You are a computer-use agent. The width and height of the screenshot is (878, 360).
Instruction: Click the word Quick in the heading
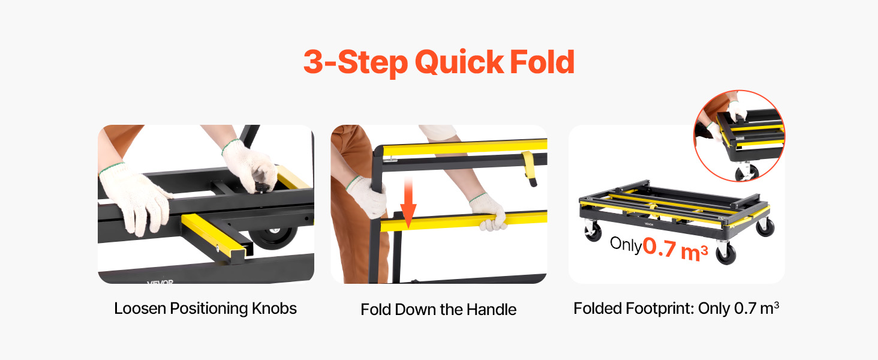[x=459, y=62]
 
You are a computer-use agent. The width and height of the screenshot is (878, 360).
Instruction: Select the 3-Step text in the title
[x=356, y=62]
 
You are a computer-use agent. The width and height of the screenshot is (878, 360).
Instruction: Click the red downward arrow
[x=408, y=202]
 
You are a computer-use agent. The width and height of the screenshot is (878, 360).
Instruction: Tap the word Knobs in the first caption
[x=274, y=308]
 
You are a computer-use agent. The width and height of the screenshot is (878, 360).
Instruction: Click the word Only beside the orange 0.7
[x=626, y=244]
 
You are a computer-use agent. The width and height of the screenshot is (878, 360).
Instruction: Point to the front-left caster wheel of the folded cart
[x=593, y=230]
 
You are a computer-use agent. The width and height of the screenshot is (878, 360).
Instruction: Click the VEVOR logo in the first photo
[x=160, y=281]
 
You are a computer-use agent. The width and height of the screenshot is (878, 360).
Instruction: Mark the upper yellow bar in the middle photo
[x=465, y=147]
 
